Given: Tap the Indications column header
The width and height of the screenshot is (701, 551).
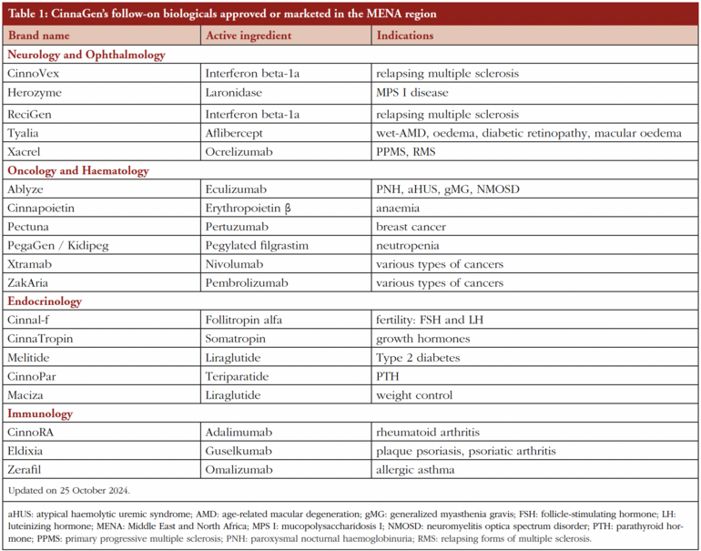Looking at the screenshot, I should click(405, 36).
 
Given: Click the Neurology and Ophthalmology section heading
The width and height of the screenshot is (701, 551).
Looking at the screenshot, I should click(86, 55).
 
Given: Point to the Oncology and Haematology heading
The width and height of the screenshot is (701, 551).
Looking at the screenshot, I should click(78, 170).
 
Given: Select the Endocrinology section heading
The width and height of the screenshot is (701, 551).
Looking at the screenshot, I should click(45, 301).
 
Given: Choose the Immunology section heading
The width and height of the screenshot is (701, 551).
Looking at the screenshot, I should click(40, 413).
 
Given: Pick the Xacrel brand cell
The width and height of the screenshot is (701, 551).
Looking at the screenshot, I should click(25, 152).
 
